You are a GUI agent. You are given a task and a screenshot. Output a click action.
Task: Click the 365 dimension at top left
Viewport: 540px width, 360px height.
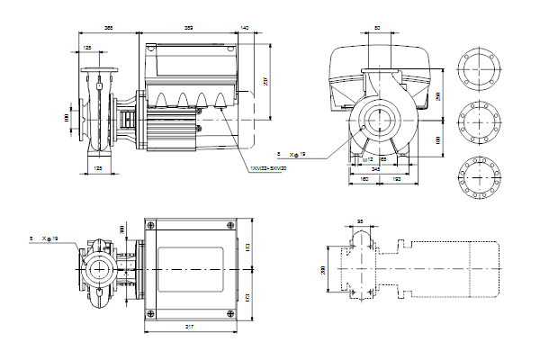tap(109, 29)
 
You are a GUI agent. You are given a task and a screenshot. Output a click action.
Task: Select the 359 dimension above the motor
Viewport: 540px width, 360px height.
tap(189, 29)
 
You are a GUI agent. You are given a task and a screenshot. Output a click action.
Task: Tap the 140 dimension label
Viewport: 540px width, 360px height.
tap(245, 29)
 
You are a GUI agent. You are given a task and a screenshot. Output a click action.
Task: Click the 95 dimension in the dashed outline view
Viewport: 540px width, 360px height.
tap(359, 221)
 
